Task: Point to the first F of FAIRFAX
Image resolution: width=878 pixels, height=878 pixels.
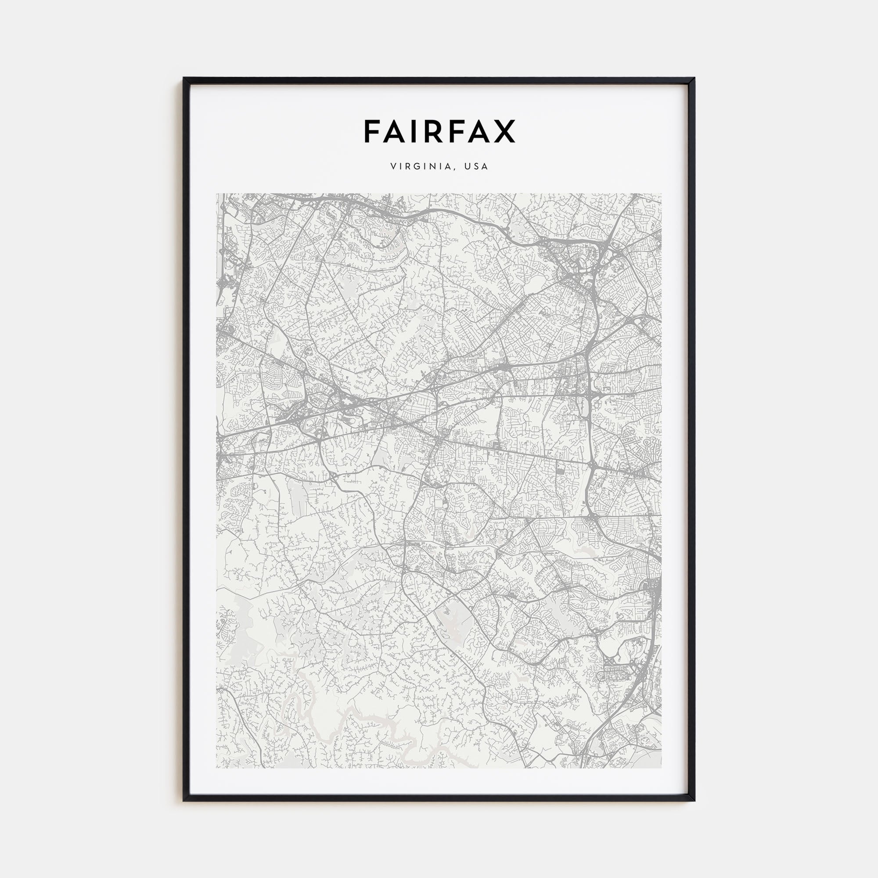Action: click(371, 131)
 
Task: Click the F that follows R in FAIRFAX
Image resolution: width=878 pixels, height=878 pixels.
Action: click(458, 131)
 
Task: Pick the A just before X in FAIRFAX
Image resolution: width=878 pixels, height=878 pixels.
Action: click(481, 131)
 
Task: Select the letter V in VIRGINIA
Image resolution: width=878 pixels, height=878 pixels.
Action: click(393, 167)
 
